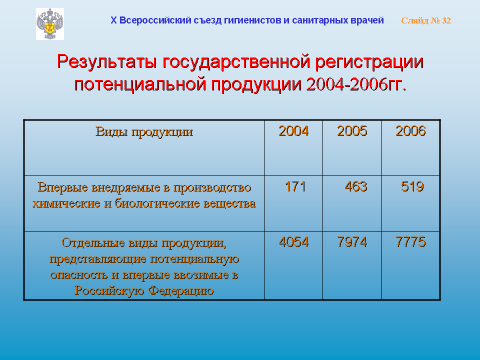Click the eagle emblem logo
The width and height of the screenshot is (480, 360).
click(x=50, y=24)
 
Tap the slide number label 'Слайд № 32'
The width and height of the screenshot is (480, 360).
click(x=426, y=20)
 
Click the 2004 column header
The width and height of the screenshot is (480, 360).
click(x=293, y=131)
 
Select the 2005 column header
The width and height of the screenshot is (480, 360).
click(x=352, y=131)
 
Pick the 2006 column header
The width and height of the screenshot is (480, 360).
click(x=410, y=131)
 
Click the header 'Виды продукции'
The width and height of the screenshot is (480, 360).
click(x=144, y=132)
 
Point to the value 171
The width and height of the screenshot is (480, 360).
click(x=295, y=186)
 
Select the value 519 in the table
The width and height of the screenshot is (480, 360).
click(x=412, y=186)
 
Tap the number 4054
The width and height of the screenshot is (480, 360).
click(x=293, y=242)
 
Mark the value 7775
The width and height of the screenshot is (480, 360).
click(x=410, y=242)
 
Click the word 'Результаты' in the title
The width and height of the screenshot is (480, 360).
click(x=107, y=62)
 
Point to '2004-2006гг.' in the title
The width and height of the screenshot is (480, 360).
click(x=356, y=84)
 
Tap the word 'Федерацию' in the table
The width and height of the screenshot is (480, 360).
click(x=181, y=290)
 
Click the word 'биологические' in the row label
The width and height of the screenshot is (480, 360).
click(x=157, y=203)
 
